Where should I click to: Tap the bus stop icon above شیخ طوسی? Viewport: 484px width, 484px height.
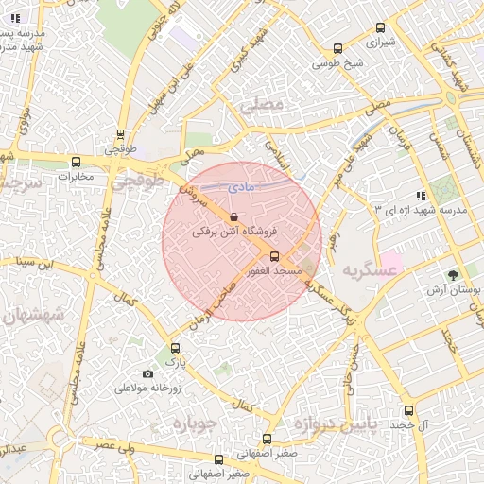tap(337, 49)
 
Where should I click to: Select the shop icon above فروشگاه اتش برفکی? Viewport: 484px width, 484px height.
tap(233, 216)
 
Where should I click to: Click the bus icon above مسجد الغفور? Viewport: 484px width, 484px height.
tap(275, 256)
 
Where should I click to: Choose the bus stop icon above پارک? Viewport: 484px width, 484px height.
tap(173, 347)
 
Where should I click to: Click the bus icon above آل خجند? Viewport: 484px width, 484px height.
tap(408, 410)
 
